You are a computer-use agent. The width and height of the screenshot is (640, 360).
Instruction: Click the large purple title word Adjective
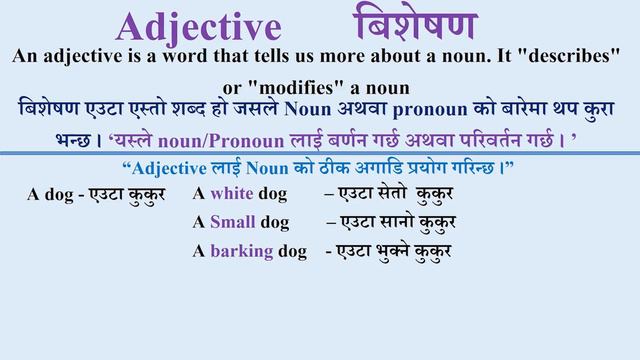[197, 27]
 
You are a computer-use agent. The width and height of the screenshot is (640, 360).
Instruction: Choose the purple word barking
[242, 250]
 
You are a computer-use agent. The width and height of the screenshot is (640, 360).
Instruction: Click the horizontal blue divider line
[320, 152]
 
